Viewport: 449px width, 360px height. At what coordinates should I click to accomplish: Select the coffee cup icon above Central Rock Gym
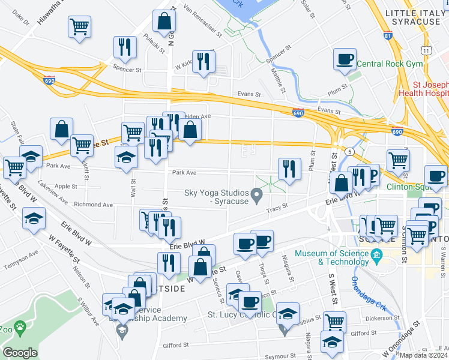click(x=345, y=59)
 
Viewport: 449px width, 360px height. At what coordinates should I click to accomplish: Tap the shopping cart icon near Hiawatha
click(x=79, y=27)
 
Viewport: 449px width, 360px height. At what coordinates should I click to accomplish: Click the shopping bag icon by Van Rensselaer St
click(x=164, y=22)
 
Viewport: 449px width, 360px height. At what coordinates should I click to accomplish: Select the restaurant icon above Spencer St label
click(x=125, y=47)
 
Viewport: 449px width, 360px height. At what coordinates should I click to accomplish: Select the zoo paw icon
click(x=20, y=328)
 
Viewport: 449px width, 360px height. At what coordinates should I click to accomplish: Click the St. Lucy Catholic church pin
click(x=286, y=328)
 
